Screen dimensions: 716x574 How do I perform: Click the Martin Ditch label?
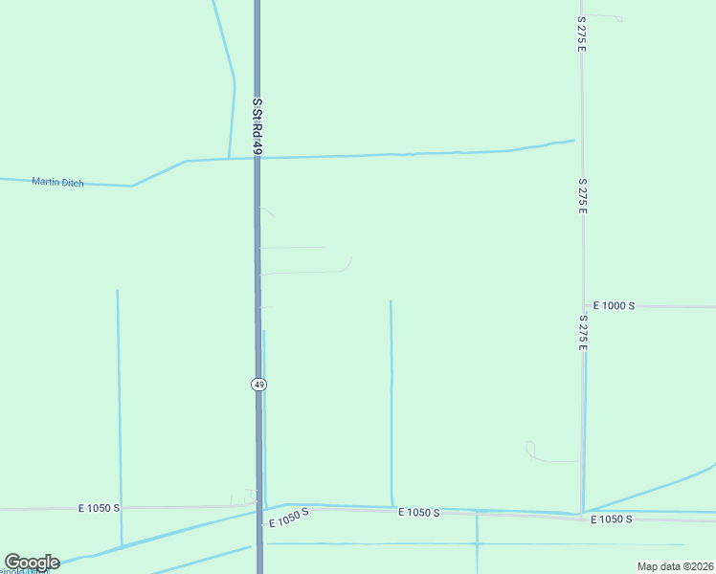57,182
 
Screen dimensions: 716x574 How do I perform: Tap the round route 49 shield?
259,384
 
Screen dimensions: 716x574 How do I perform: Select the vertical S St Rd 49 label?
257,124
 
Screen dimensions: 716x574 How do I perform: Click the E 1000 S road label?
614,306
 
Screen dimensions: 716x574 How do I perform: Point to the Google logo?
32,563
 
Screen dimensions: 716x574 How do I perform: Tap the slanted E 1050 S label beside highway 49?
289,518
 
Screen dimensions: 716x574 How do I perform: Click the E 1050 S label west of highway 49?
100,508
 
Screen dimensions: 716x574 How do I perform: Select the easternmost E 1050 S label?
611,519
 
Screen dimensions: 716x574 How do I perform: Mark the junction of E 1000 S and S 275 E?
583,306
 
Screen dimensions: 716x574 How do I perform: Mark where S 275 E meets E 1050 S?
582,516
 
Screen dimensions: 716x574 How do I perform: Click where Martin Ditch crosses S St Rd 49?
257,158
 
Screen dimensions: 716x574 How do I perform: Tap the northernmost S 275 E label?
581,33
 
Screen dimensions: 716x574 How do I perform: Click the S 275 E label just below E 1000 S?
582,332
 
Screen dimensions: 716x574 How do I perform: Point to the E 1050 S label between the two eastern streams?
418,514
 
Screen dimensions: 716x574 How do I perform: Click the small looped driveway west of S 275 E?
529,447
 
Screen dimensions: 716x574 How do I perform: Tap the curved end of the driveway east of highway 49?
349,262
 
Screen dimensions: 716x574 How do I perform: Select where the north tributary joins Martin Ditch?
228,158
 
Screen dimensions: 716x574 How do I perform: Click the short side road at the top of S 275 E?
603,16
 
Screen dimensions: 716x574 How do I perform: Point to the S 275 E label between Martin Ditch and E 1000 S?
582,195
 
